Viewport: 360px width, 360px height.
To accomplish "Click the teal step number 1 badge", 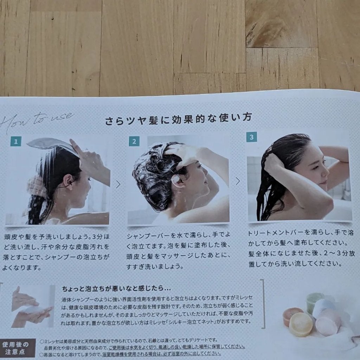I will point(16,142).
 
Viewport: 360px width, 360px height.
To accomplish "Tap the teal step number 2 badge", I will point(134,141).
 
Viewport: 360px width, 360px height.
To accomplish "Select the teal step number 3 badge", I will point(251,136).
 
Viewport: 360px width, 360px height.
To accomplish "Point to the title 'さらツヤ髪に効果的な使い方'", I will point(178,119).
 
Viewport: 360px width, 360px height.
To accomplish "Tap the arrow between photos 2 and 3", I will point(238,181).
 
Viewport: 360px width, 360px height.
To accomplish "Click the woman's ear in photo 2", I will point(177,180).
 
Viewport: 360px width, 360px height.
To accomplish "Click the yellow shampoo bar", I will point(301,324).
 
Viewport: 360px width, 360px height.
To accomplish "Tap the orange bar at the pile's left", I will point(291,315).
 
